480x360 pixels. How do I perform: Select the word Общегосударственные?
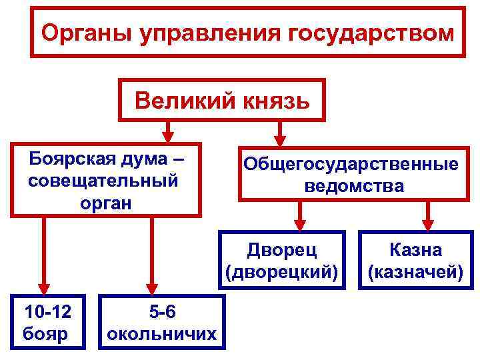[351, 164]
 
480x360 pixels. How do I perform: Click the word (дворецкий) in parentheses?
[282, 271]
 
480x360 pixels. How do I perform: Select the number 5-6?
[162, 311]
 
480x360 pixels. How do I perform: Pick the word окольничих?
[162, 333]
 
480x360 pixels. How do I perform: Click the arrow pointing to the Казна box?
[428, 216]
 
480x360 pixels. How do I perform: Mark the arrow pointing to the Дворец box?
[301, 216]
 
